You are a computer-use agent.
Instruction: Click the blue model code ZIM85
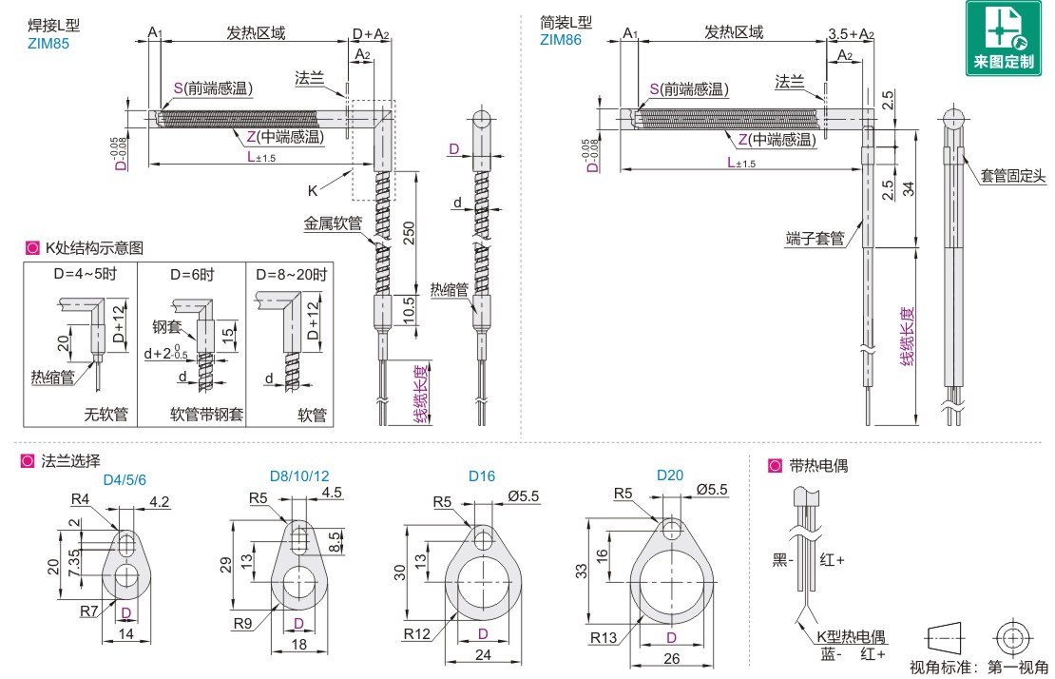point(49,43)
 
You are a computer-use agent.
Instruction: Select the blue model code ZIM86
point(560,40)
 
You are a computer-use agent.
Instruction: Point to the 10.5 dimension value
point(409,311)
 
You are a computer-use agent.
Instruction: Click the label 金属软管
point(333,223)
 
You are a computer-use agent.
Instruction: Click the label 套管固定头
point(1013,175)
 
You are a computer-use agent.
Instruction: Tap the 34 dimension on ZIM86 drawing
point(909,187)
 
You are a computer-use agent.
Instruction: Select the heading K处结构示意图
point(93,248)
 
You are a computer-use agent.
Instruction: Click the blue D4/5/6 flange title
point(125,478)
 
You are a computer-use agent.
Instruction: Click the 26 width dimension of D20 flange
point(671,658)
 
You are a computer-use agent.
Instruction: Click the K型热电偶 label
point(852,636)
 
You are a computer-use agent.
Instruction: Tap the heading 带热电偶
point(818,466)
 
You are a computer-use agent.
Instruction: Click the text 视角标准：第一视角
point(979,667)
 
